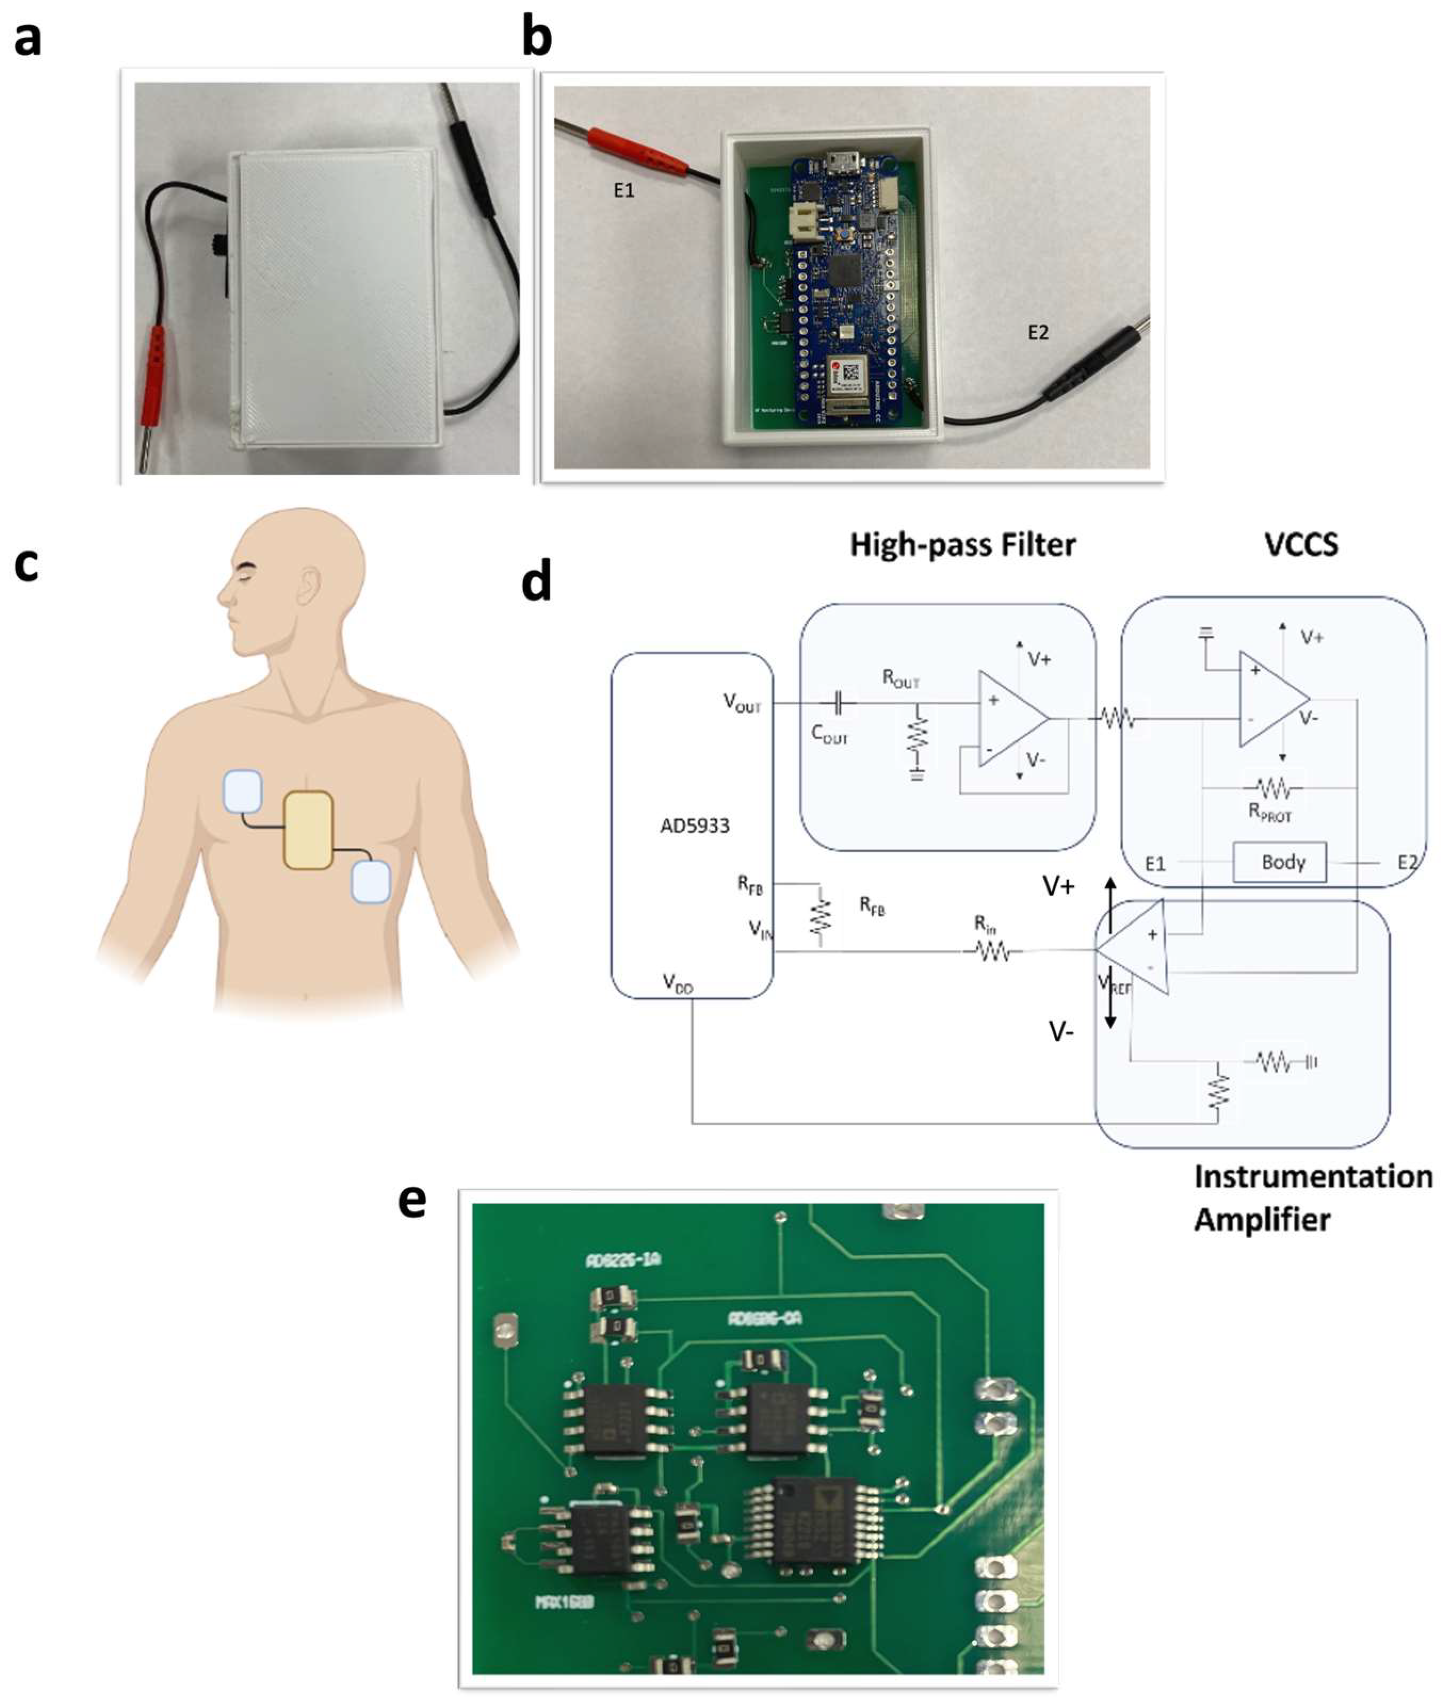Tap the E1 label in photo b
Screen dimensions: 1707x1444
pos(624,191)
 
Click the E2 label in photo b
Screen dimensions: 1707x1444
pos(1038,333)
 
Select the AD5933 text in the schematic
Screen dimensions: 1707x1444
pos(694,826)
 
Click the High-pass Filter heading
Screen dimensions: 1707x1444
pos(963,545)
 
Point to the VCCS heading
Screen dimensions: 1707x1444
pos(1301,545)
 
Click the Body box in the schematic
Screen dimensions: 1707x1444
pos(1283,862)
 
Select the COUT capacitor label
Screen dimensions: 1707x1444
pos(829,734)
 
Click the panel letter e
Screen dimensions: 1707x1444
pos(412,1202)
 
